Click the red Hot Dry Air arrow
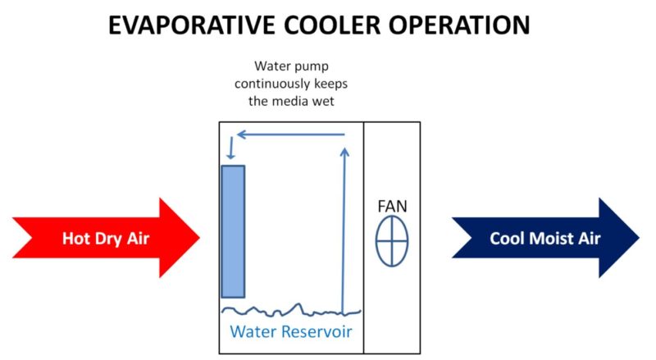[107, 238]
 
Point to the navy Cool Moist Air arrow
[545, 238]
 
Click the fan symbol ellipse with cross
[392, 242]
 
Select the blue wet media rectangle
[233, 231]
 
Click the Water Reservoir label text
[290, 332]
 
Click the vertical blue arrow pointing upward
[344, 230]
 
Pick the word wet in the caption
[326, 101]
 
